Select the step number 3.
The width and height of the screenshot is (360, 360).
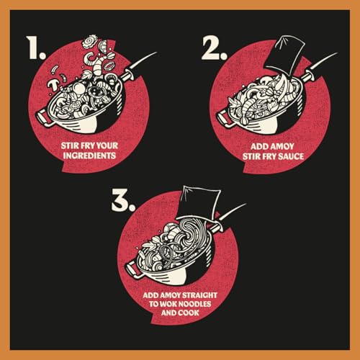tap(123, 202)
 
